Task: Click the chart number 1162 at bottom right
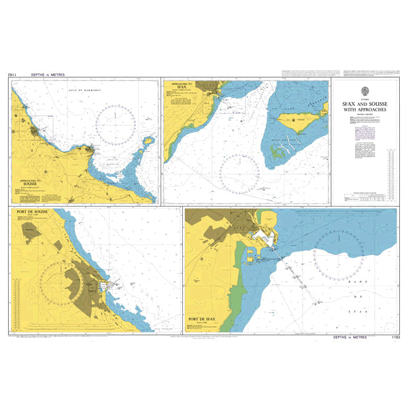[x=393, y=339]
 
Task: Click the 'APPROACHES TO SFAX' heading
[x=181, y=86]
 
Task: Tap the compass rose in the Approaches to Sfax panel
[x=239, y=173]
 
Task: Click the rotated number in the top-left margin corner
[x=12, y=73]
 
